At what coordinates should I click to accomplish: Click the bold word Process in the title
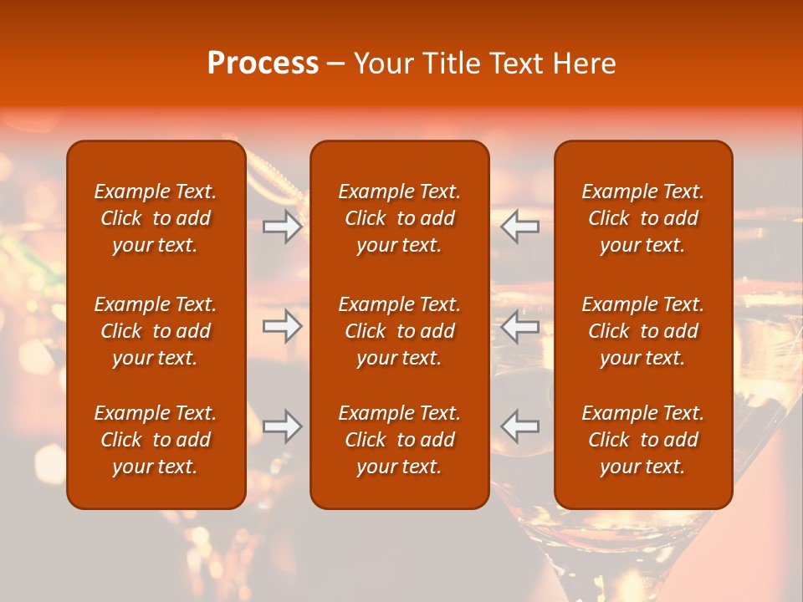263,64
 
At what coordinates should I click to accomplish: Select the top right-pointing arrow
282,227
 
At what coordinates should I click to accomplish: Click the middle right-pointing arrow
282,326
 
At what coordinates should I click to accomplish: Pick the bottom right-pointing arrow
282,426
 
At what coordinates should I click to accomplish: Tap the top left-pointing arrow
520,227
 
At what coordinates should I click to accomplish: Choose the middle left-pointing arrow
520,326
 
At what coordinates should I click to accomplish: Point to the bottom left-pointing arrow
520,426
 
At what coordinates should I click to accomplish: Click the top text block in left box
156,218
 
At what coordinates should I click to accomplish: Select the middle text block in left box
156,331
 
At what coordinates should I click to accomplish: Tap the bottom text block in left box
156,440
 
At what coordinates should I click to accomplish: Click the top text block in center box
399,218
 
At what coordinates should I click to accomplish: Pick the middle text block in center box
399,331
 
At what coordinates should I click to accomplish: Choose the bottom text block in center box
399,440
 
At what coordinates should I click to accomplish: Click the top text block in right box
642,218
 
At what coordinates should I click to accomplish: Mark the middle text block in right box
642,331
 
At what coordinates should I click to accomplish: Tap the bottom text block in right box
642,440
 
